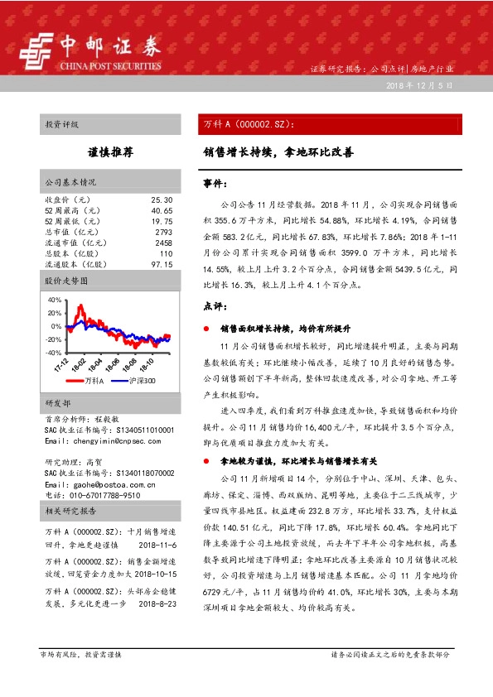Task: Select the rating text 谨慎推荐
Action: tap(110, 154)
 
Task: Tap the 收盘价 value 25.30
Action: tap(162, 200)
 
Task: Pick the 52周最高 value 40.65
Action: tap(162, 211)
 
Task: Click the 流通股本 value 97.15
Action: tap(162, 265)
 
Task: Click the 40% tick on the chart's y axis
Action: tap(55, 300)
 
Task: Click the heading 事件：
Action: tap(214, 183)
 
